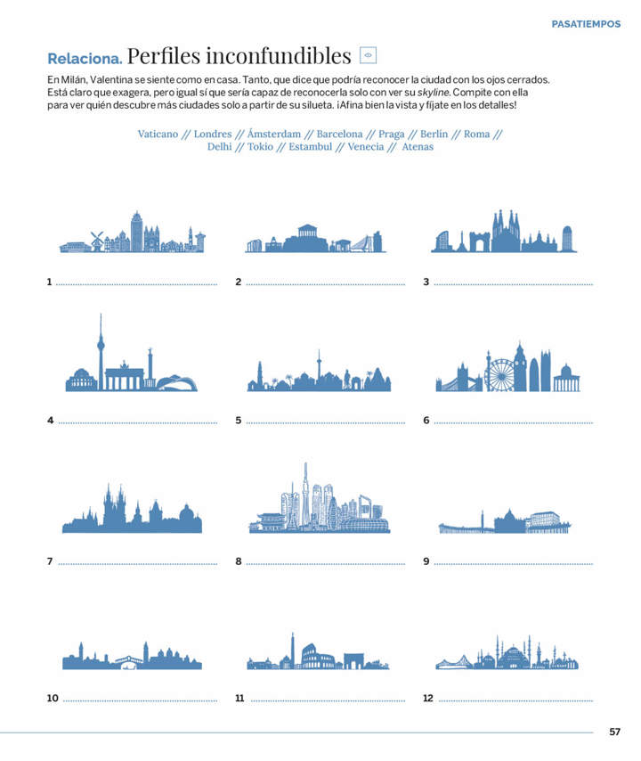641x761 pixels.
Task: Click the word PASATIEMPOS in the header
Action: [586, 24]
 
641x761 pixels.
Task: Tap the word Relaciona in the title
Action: [85, 58]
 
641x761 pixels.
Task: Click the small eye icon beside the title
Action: [368, 55]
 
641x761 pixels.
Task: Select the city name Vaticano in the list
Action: [158, 134]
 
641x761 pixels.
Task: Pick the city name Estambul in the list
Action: [311, 146]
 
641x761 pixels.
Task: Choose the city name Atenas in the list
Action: [418, 146]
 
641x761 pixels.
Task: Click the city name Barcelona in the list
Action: [339, 134]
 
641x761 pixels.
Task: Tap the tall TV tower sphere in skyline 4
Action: [101, 346]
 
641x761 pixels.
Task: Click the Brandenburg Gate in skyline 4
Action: [125, 377]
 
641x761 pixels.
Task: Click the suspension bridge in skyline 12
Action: [454, 662]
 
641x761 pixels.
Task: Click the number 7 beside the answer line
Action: [50, 561]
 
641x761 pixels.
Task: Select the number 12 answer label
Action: [428, 699]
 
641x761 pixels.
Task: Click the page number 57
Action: [615, 732]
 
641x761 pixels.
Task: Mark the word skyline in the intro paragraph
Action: [434, 92]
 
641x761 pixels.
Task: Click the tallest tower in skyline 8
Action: [305, 495]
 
